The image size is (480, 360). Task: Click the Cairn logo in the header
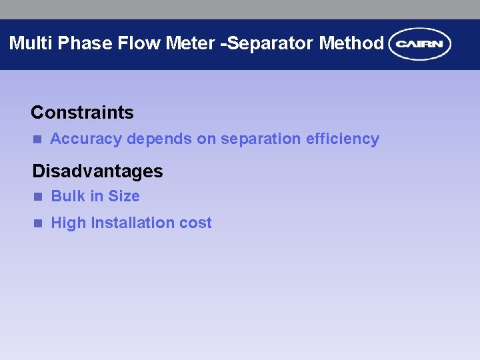click(x=420, y=44)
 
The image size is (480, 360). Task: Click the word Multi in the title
click(x=31, y=43)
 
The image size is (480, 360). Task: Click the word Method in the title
click(x=351, y=43)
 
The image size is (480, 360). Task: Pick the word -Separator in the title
click(x=268, y=43)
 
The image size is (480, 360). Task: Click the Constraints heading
click(x=82, y=112)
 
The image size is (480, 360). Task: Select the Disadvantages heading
click(x=97, y=171)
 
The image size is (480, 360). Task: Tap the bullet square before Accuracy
click(x=37, y=139)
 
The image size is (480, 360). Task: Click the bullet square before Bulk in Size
click(x=38, y=197)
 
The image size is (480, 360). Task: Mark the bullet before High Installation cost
click(x=38, y=223)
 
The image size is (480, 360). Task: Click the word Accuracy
click(x=86, y=139)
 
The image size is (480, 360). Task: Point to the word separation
click(x=261, y=139)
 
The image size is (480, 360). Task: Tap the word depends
click(x=159, y=139)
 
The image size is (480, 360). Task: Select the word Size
click(x=124, y=196)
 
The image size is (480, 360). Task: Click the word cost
click(x=195, y=223)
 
